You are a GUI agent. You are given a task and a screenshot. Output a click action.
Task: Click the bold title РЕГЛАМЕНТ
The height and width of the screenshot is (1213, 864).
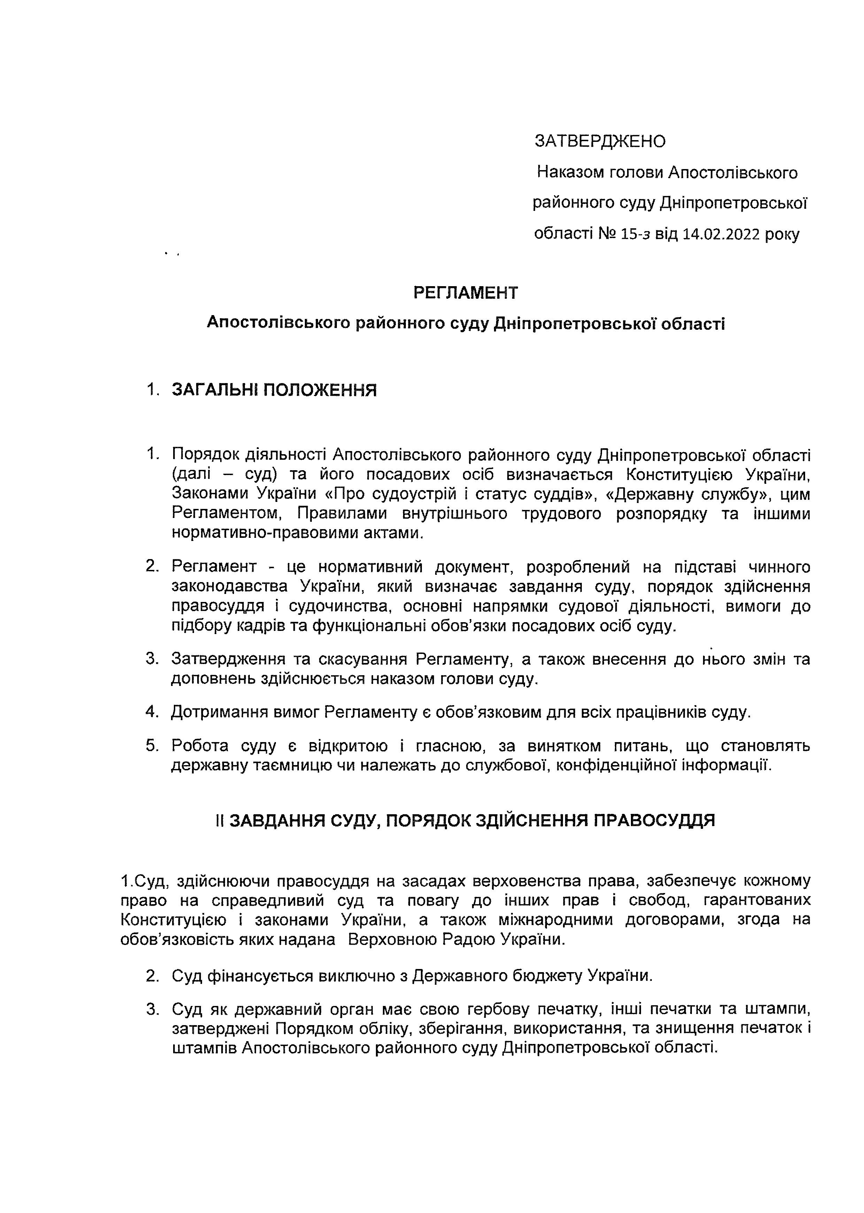pos(465,293)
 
